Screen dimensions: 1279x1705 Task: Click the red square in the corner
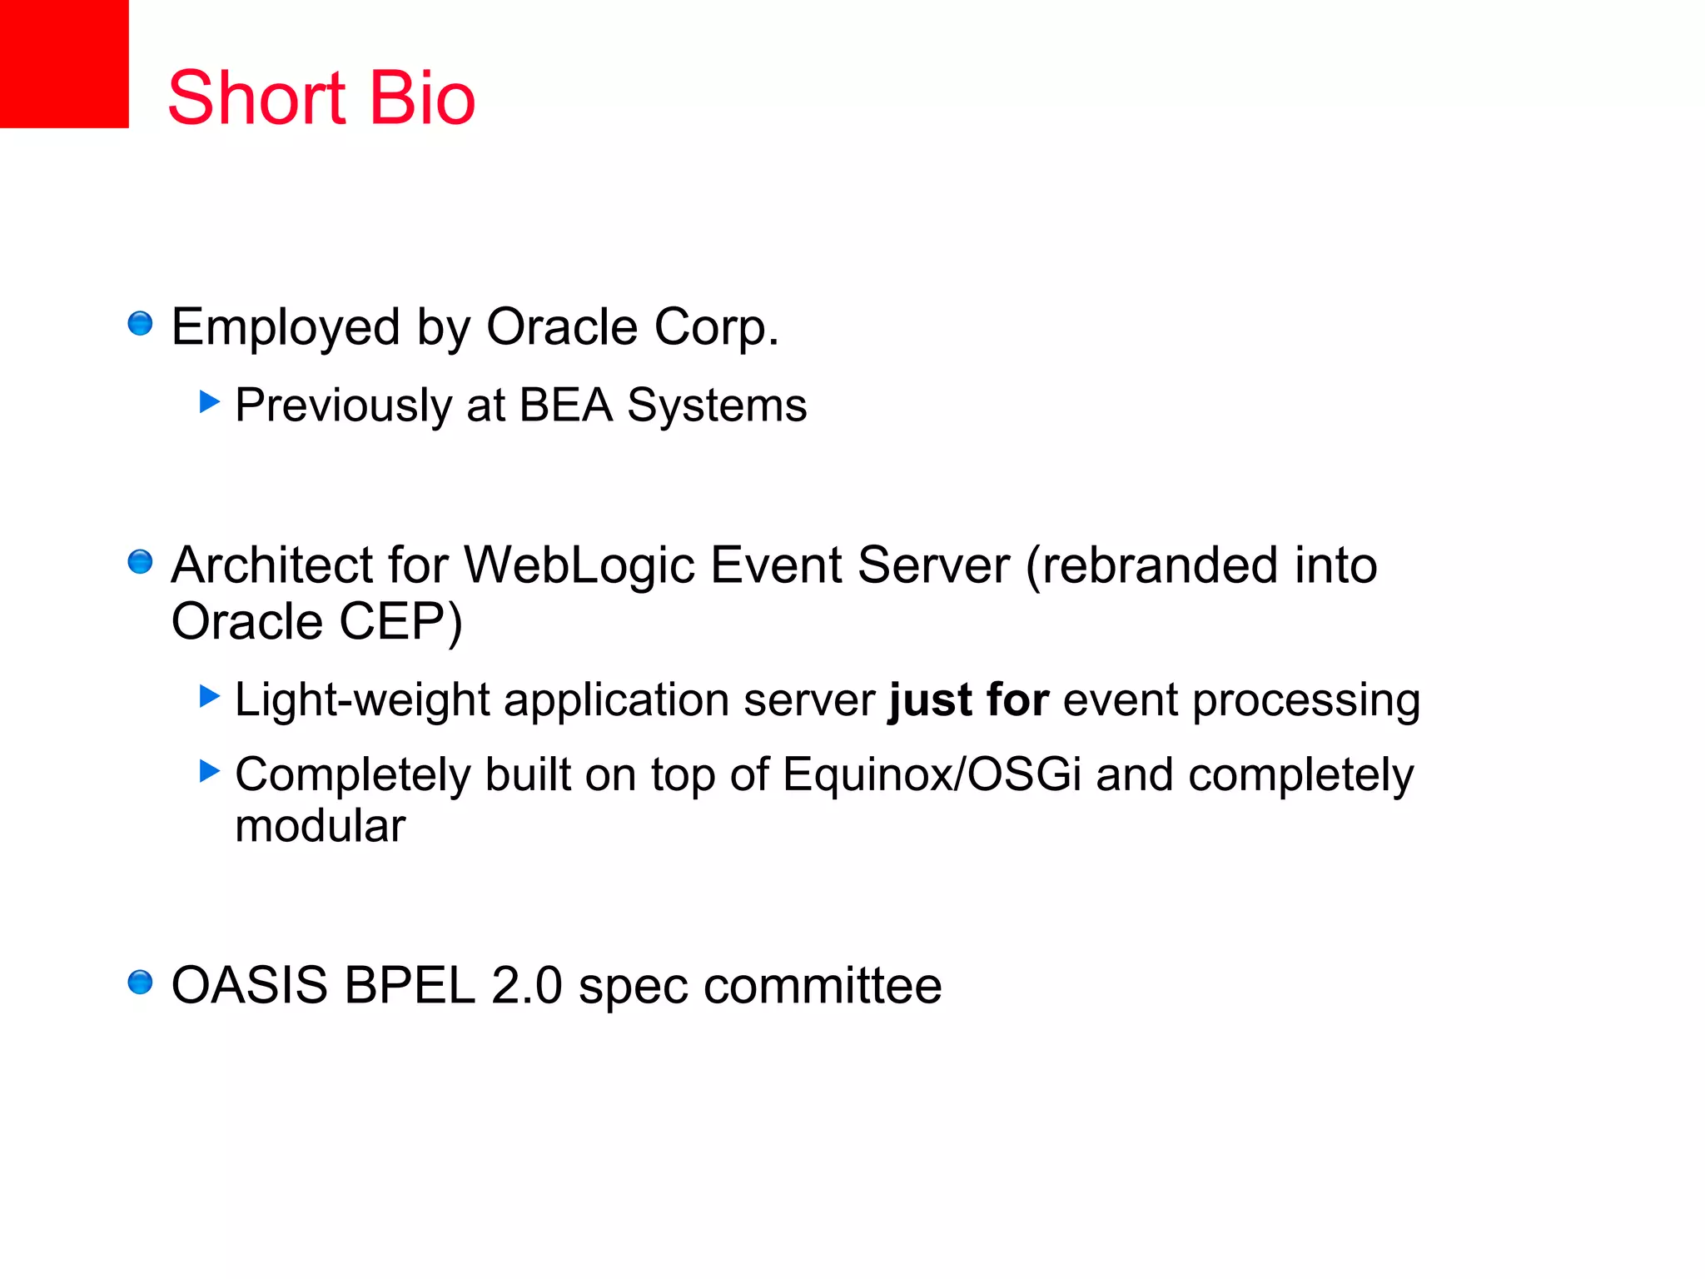click(64, 63)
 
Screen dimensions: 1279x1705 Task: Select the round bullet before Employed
click(140, 323)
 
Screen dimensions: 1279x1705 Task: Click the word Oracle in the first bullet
click(562, 326)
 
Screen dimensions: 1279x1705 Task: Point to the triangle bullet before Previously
click(209, 402)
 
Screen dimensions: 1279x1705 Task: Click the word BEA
click(565, 406)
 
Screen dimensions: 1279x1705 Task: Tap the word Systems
click(716, 406)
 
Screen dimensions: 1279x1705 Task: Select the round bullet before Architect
click(140, 562)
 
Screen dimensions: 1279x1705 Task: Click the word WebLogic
click(579, 565)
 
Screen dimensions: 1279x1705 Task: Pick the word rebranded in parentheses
click(1160, 565)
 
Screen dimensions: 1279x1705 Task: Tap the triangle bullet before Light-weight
click(209, 696)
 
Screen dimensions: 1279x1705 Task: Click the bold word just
click(930, 699)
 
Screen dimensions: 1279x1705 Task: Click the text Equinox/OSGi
click(932, 774)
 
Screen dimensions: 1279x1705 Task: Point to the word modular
click(320, 826)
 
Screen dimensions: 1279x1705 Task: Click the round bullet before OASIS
click(140, 983)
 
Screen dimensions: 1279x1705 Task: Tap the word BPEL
click(410, 986)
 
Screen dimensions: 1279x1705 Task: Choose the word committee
click(823, 986)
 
